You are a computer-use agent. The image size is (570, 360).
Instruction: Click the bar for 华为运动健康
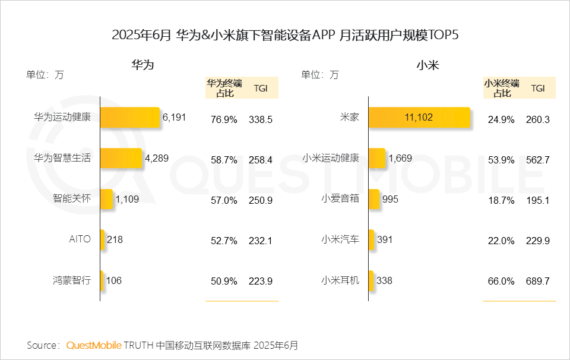click(x=130, y=118)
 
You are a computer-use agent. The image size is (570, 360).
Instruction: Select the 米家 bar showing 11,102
click(x=419, y=118)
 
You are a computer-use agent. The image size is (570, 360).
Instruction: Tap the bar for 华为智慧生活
click(x=121, y=159)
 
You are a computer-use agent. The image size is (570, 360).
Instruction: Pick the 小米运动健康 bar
click(x=377, y=159)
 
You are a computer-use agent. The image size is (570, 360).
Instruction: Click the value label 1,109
click(x=127, y=200)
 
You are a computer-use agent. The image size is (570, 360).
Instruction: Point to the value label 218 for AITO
click(x=115, y=239)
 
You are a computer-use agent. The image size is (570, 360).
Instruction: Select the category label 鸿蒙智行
click(x=71, y=280)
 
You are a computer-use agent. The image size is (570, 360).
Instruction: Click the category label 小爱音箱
click(x=340, y=199)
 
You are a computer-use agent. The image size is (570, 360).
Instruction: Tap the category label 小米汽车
click(x=340, y=239)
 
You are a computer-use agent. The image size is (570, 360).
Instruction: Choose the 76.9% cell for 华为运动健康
click(x=224, y=119)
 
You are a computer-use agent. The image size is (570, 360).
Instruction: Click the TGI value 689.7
click(x=537, y=281)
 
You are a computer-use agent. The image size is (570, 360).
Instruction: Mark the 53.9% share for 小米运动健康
click(x=501, y=160)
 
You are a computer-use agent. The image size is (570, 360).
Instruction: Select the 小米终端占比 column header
click(x=501, y=88)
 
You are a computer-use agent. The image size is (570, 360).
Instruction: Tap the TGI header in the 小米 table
click(x=537, y=88)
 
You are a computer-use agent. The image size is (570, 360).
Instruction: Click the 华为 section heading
click(x=142, y=65)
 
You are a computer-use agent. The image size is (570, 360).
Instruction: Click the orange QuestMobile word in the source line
click(x=94, y=345)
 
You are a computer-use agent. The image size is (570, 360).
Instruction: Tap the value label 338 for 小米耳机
click(x=384, y=280)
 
